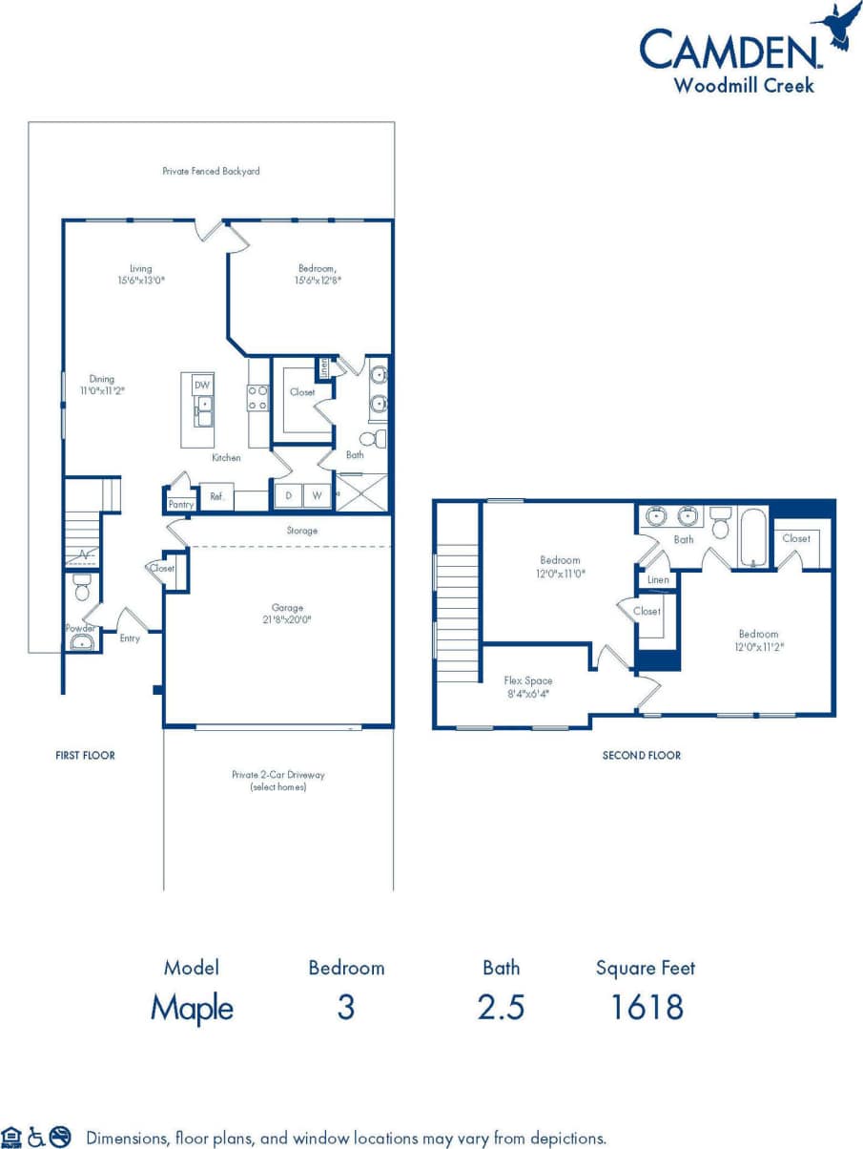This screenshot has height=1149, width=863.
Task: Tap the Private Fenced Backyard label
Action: point(211,172)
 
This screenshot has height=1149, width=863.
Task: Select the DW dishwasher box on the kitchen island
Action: point(201,385)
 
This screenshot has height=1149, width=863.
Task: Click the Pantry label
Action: point(181,504)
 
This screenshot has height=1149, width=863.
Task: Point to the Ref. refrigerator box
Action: point(216,496)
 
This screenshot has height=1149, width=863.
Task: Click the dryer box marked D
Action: point(288,495)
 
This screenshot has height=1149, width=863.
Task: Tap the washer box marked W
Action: point(317,495)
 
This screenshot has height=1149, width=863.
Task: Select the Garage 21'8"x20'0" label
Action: point(288,613)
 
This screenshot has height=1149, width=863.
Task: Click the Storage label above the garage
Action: point(301,531)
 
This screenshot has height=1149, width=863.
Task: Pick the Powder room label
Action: point(79,628)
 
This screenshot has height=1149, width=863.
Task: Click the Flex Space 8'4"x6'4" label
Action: point(527,687)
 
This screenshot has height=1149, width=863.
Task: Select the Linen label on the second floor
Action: point(657,579)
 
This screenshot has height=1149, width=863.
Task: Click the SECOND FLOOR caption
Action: point(642,755)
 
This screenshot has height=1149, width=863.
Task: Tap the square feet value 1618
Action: point(646,1007)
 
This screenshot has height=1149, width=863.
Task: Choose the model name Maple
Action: point(192,1008)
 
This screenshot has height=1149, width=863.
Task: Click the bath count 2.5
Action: point(501,1007)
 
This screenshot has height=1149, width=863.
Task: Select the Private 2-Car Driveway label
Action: point(278,781)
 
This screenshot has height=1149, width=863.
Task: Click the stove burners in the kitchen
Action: point(257,397)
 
